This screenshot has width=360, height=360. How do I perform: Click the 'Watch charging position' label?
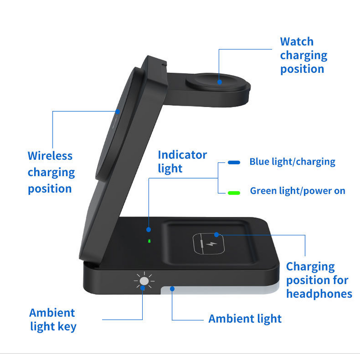pos(303,55)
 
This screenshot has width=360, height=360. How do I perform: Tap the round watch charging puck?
pos(217,83)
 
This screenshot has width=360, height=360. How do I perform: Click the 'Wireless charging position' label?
pos(51,172)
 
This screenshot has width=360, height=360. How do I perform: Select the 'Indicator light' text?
pos(182,162)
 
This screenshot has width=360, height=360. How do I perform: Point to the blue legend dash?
pos(234,162)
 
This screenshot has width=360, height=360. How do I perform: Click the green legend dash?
pos(234,192)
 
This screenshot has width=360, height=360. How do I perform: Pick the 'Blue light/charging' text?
pos(292,162)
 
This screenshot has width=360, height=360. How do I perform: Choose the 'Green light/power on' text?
pos(297,191)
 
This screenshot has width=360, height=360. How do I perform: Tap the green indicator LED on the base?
pos(149,241)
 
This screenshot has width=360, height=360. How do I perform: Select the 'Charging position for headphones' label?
pos(319,280)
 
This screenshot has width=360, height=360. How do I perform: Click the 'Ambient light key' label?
pos(53,319)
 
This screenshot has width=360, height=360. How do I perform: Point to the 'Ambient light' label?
pos(245,319)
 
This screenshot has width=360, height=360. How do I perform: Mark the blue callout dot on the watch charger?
pos(220,82)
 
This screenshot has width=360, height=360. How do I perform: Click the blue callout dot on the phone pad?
pos(118,111)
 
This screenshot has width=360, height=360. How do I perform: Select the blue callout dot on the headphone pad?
pos(216,234)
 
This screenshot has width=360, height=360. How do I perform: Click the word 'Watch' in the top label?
pos(297,41)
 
